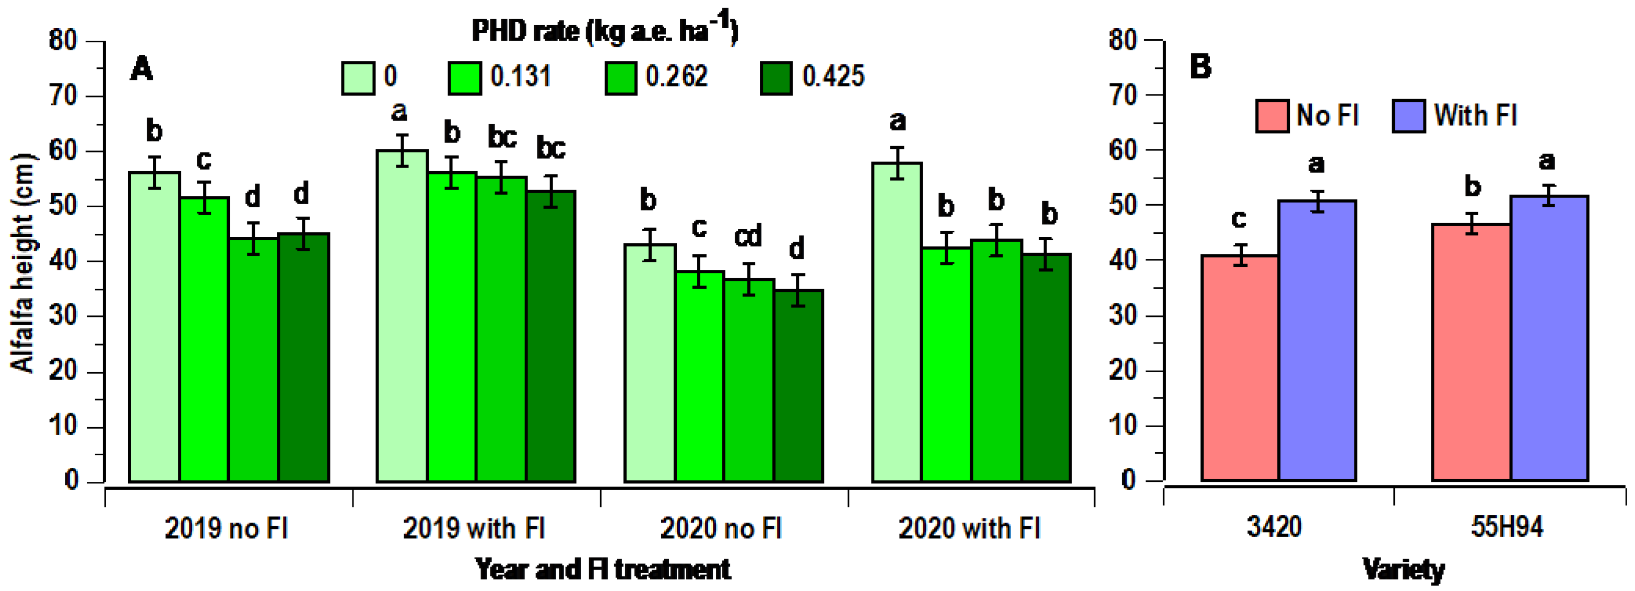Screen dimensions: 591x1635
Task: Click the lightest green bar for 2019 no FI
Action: point(154,327)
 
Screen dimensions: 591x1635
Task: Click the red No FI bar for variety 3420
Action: point(1240,368)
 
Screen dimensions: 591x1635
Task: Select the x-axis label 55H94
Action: point(1507,527)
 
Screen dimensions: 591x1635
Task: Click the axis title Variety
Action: point(1403,570)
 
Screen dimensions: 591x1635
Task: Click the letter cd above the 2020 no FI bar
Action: point(748,236)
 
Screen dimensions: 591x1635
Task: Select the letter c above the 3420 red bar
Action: point(1238,219)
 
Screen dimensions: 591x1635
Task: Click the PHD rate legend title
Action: point(604,30)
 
